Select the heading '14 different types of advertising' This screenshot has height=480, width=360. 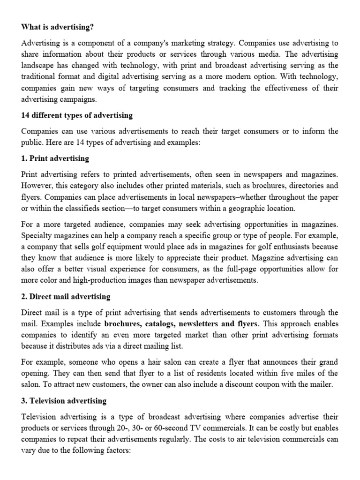(77, 115)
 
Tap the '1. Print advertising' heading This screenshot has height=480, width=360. (55, 158)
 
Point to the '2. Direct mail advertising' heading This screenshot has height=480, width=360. (66, 296)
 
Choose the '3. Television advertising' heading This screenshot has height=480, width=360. (64, 401)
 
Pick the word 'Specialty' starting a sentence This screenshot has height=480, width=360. (37, 235)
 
